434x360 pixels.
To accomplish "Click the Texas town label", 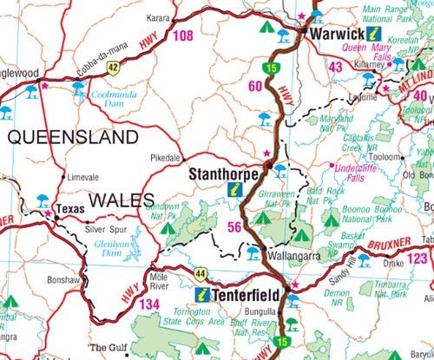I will pos(69,209).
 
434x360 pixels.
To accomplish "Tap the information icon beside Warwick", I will pos(374,34).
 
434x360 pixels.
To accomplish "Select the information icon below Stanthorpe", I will pos(233,188).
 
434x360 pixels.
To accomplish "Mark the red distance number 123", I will pos(419,259).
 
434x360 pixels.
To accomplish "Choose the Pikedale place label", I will pos(164,159).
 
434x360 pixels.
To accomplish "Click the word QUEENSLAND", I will pos(73,137).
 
